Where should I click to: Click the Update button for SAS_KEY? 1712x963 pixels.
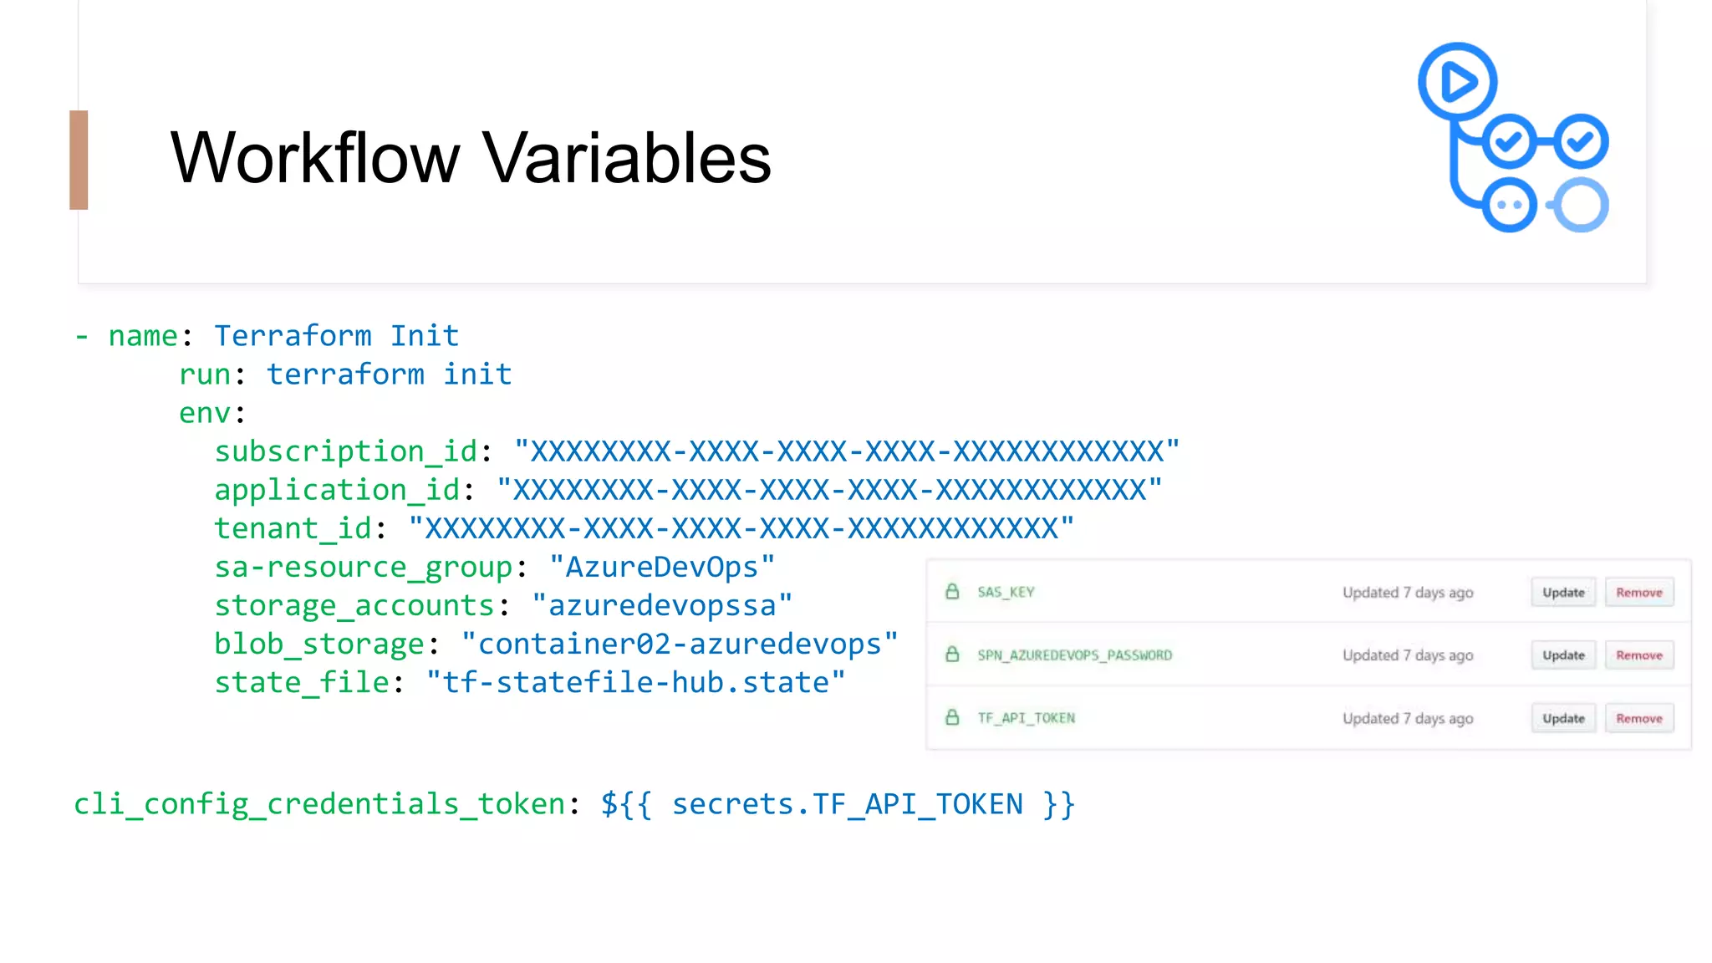pos(1563,593)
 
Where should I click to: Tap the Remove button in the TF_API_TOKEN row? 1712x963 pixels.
pos(1638,719)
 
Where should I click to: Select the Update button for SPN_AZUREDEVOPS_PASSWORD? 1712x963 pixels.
pos(1563,655)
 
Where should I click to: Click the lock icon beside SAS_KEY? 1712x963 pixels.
pos(952,592)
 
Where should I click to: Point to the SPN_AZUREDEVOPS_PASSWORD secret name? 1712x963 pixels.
pos(1074,655)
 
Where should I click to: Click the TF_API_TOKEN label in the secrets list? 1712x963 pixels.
pos(1026,718)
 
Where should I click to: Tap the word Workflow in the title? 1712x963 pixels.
pos(315,158)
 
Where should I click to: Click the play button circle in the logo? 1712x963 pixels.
pos(1457,82)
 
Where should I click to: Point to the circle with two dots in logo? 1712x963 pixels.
pos(1509,205)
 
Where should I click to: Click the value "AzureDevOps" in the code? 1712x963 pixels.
pos(662,568)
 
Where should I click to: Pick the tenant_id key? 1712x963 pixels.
pos(293,528)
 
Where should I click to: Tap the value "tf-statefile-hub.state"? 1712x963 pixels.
pos(635,683)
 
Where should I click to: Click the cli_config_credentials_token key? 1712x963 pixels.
pos(320,804)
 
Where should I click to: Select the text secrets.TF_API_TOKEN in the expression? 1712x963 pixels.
pos(847,804)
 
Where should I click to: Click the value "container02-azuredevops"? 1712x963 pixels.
pos(680,645)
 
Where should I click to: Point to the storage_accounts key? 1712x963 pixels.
pos(354,606)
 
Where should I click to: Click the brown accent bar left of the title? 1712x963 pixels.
pos(79,160)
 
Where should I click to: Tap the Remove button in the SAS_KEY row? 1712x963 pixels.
pos(1638,593)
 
